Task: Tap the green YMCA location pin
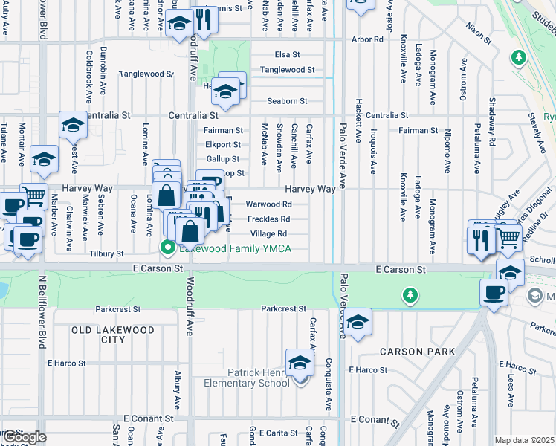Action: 169,247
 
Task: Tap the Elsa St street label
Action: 287,54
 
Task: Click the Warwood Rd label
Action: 268,204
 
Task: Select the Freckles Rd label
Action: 268,219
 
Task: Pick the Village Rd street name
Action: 268,233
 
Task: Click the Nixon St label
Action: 479,30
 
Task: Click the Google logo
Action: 24,437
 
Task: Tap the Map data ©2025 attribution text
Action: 524,440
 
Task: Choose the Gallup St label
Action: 223,159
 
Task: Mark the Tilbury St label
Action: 106,253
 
